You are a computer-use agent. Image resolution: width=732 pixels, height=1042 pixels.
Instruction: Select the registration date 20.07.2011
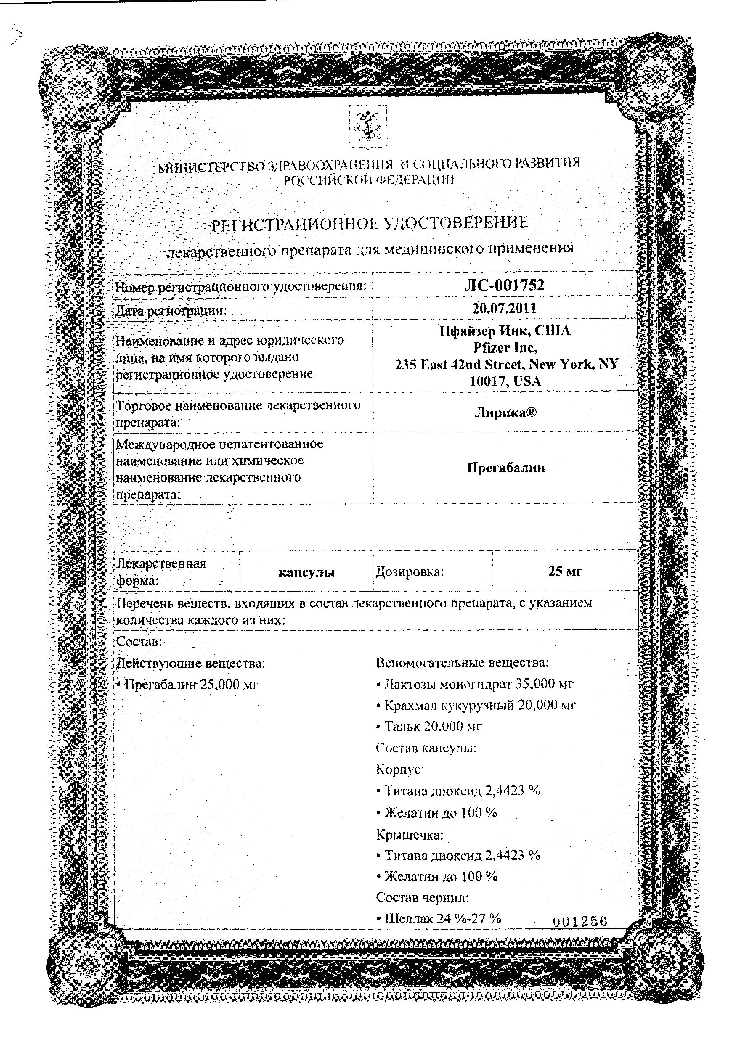(x=504, y=309)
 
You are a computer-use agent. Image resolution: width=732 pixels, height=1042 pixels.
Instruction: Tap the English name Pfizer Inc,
(x=505, y=348)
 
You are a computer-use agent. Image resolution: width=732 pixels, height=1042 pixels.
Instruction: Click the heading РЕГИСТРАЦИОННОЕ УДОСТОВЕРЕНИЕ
(x=370, y=223)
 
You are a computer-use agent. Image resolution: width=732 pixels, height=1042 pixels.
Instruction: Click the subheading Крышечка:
(x=409, y=834)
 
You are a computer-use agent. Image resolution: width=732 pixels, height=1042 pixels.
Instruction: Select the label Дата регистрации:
(x=171, y=311)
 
